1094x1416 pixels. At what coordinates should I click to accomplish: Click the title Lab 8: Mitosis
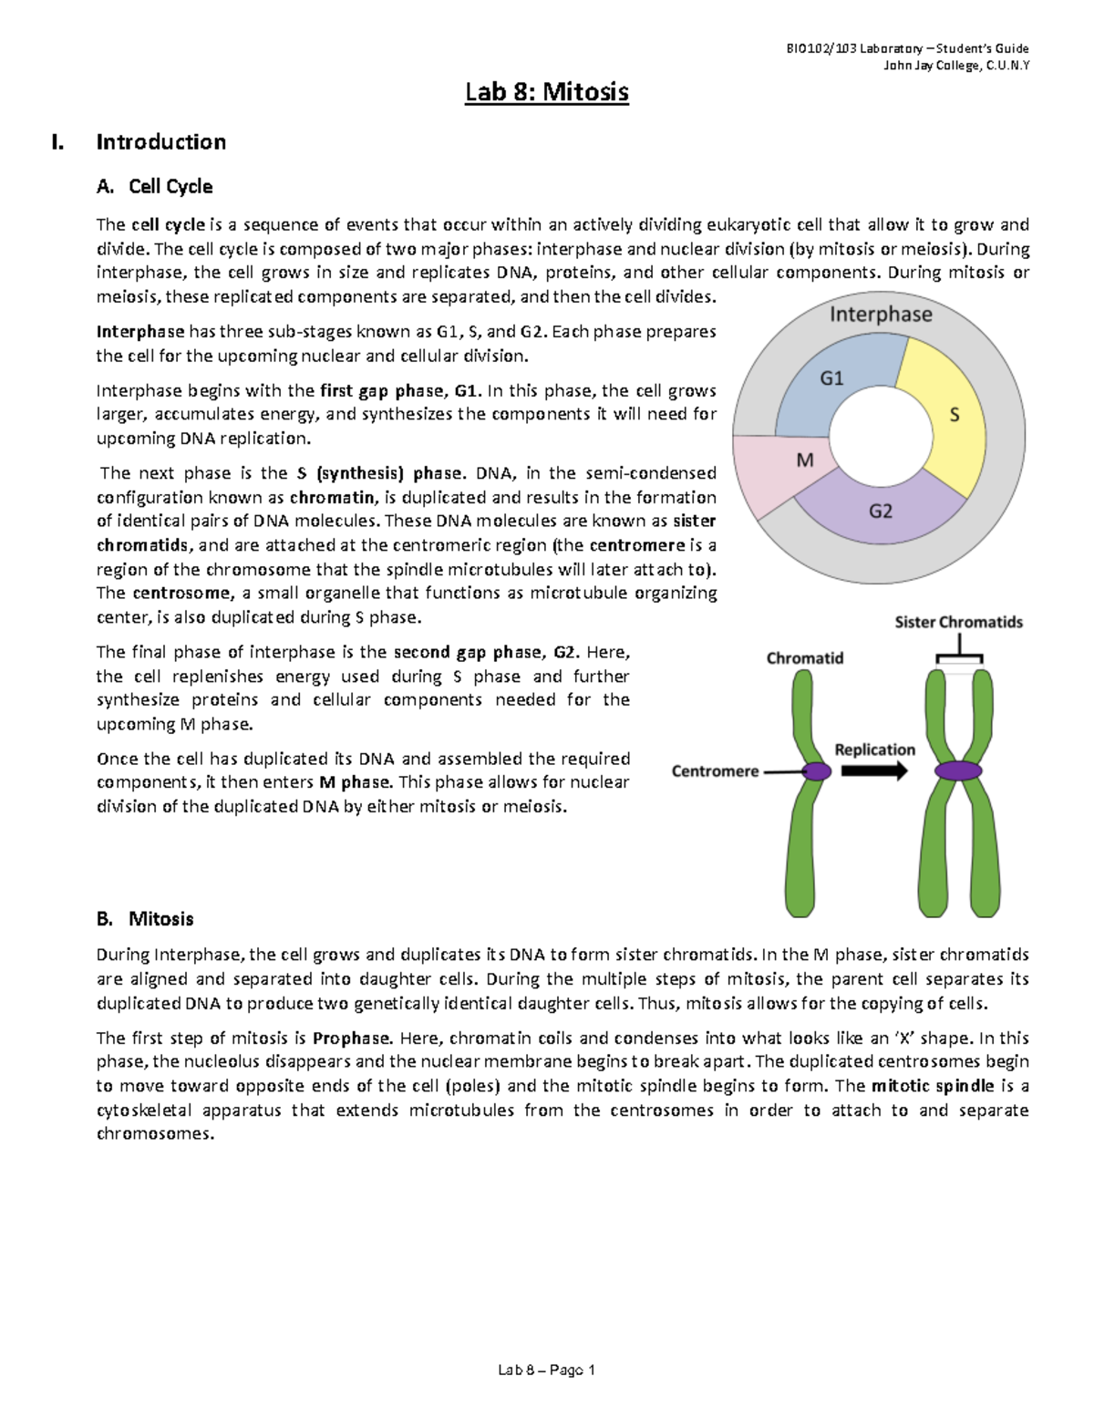[546, 92]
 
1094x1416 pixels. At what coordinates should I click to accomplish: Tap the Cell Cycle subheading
[170, 187]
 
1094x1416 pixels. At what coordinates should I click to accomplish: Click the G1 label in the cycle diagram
[831, 377]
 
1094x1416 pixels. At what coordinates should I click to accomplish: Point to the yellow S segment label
[955, 416]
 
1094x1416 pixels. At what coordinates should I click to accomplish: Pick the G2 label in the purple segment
[880, 512]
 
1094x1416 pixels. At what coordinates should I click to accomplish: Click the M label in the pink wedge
[804, 461]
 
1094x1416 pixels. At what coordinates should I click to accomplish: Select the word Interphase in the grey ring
[880, 315]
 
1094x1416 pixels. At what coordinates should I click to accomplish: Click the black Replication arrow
[873, 771]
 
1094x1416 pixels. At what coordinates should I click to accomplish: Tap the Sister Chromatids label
[958, 623]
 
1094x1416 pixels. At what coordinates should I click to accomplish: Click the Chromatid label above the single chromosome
[804, 658]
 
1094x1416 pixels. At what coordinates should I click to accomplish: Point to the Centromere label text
[715, 771]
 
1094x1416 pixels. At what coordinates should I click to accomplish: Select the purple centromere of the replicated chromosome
[957, 771]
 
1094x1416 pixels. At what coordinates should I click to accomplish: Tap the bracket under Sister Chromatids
[959, 654]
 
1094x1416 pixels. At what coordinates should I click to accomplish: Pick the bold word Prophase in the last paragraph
[352, 1039]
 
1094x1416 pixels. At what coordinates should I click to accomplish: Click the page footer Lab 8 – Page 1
[546, 1370]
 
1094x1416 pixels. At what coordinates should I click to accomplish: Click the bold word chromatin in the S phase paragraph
[332, 498]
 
